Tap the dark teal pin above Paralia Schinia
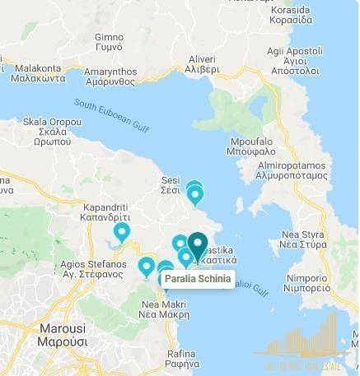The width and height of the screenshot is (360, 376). (x=198, y=244)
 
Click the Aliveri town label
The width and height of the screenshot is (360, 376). (x=202, y=65)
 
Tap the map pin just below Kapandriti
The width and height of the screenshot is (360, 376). (x=122, y=233)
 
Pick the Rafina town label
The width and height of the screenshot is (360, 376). (x=180, y=358)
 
